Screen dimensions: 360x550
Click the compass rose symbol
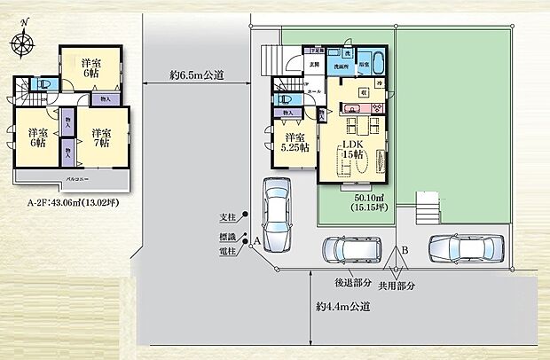pos(24,41)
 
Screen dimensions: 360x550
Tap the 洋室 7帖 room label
pos(99,138)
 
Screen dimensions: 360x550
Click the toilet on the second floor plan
pos(43,85)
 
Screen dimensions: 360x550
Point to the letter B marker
pos(404,250)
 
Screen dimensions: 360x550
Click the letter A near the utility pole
pos(256,241)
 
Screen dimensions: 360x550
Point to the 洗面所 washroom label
pos(341,67)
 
